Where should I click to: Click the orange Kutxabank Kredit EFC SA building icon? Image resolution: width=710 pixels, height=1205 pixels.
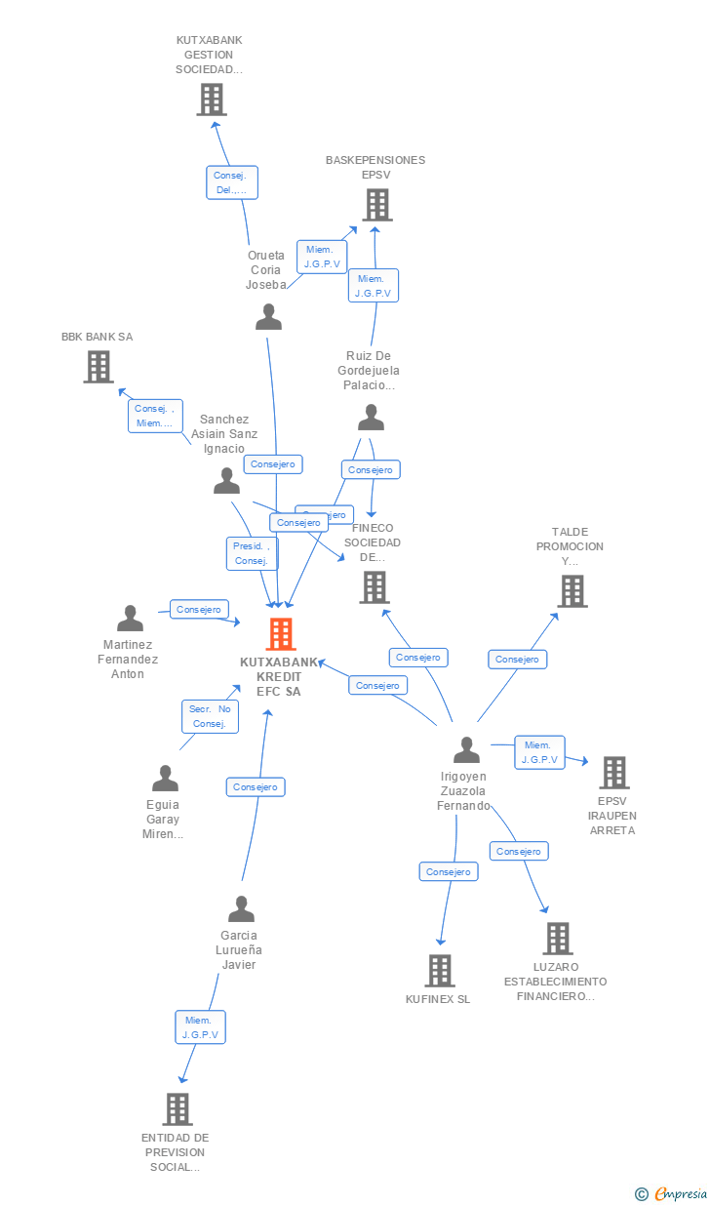click(x=280, y=634)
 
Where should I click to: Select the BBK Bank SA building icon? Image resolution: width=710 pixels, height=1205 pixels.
click(x=98, y=367)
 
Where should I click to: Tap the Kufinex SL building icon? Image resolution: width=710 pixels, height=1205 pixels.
click(x=440, y=970)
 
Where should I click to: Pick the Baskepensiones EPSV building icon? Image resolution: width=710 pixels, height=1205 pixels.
click(x=376, y=205)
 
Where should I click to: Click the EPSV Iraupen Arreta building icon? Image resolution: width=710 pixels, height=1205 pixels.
click(x=613, y=773)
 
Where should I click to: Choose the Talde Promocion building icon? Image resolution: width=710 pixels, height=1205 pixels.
click(x=572, y=590)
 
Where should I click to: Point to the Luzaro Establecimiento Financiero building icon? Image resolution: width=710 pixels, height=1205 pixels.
click(x=557, y=939)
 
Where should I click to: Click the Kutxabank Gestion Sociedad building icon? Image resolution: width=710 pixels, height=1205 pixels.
click(x=211, y=100)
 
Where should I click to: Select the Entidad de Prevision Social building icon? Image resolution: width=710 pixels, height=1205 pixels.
click(x=177, y=1108)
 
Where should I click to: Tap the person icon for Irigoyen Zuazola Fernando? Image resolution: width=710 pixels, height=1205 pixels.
click(x=466, y=750)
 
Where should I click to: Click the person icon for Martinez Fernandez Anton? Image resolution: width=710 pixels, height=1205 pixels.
click(x=130, y=619)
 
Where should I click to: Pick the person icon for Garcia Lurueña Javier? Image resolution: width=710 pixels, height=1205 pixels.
click(x=241, y=909)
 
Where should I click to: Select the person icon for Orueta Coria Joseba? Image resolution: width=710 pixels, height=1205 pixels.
click(x=268, y=317)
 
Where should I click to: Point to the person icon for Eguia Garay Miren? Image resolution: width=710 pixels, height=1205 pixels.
click(x=165, y=779)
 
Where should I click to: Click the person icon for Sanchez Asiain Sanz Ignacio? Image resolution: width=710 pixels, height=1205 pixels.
click(x=226, y=481)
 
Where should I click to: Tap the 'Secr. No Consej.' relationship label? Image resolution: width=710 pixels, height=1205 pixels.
click(x=210, y=716)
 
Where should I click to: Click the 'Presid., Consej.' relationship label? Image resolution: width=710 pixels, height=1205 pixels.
click(x=252, y=553)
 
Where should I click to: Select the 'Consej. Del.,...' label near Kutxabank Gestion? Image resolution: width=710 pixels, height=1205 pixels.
click(x=232, y=182)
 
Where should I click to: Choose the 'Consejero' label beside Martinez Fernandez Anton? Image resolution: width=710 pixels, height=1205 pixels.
click(x=200, y=609)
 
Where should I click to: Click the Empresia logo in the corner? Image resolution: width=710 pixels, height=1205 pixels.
click(x=672, y=1193)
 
